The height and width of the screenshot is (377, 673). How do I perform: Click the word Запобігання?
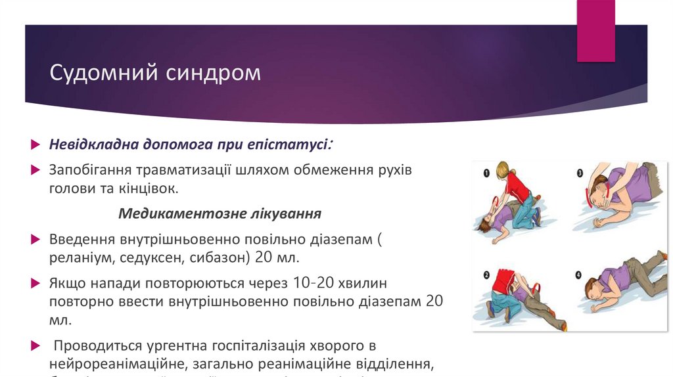(x=91, y=170)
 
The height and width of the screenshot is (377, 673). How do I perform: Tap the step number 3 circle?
(x=580, y=174)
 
